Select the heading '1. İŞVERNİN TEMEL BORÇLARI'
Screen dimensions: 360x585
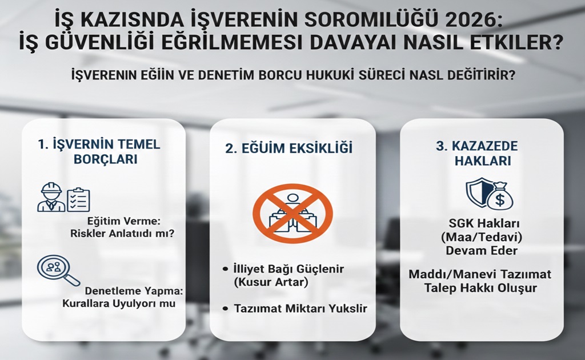click(99, 151)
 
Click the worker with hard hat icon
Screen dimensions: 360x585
click(50, 197)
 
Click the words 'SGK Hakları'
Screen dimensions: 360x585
click(482, 222)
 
